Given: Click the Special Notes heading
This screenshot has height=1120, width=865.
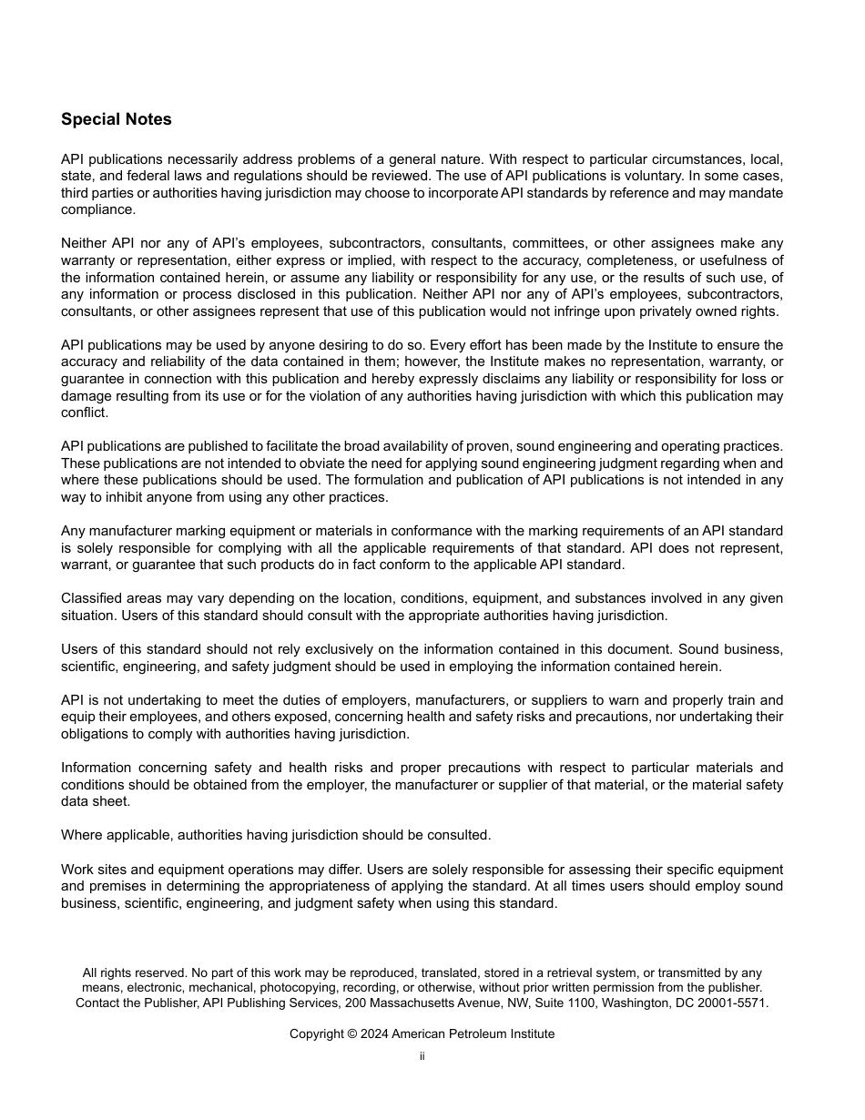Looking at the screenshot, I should [x=116, y=119].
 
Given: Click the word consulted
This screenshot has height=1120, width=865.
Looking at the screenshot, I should [x=455, y=835].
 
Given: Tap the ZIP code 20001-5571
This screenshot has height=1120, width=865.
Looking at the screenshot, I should [x=731, y=1003].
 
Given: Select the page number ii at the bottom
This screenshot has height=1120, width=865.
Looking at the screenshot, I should [x=422, y=1056].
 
